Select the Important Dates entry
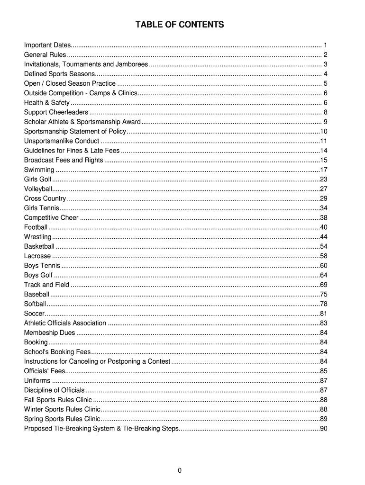point(47,45)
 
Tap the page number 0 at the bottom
point(180,470)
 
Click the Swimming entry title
point(39,170)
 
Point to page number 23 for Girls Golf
point(324,179)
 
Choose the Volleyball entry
point(38,189)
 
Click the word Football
point(36,227)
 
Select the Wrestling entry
point(37,237)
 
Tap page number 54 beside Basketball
point(324,246)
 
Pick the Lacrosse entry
point(37,256)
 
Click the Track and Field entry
point(46,285)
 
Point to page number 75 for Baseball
point(324,294)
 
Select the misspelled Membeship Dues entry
point(49,332)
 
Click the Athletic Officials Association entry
point(65,323)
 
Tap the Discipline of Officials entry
point(54,390)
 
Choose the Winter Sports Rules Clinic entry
point(62,409)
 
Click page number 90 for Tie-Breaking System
point(324,429)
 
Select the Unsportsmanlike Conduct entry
point(62,141)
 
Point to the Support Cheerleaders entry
point(56,112)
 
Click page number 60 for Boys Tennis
point(324,265)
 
